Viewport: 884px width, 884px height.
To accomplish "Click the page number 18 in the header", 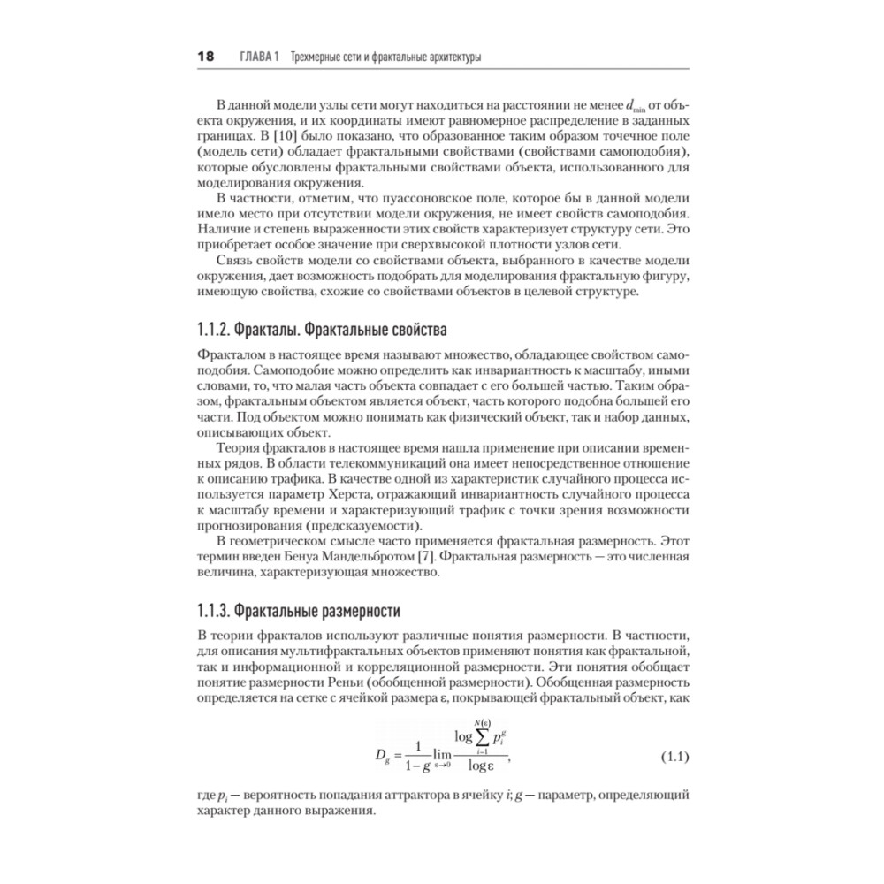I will click(x=205, y=57).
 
